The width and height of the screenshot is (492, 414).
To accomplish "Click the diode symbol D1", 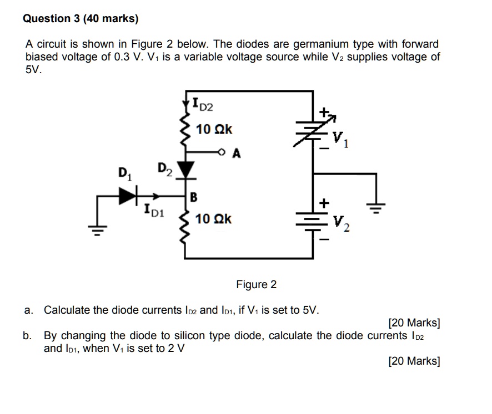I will coord(128,195).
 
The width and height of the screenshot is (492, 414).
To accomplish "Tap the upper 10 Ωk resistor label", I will coord(214,130).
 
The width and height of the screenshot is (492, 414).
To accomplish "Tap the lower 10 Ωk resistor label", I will coord(214,219).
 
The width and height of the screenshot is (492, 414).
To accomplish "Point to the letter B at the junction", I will coord(194,196).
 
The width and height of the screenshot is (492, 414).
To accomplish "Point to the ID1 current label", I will coord(153,210).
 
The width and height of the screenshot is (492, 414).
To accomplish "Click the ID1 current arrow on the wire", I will coord(157,196).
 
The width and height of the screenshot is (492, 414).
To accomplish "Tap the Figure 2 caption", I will coord(256,285).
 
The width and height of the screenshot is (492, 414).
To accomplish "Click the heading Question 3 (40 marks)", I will coord(81,19).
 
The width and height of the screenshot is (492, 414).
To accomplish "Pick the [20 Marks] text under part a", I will coord(414,323).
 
